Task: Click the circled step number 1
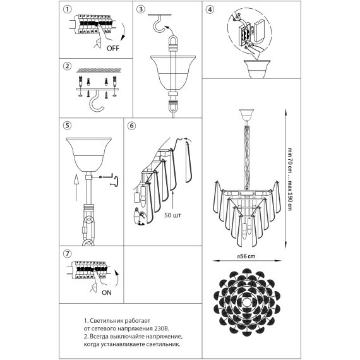coord(68,9)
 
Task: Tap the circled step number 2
coord(68,66)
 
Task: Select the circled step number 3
coord(141,9)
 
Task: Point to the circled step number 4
coord(210,9)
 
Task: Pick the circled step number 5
coord(68,125)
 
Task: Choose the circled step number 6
coord(131,126)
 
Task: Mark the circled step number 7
coord(68,254)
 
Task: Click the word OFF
coord(113,48)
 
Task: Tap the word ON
coord(107,292)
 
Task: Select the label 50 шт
coord(172,215)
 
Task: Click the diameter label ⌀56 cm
coord(246,256)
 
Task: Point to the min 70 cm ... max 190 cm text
coord(290,179)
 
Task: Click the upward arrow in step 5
coord(76,187)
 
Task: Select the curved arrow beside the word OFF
coord(124,32)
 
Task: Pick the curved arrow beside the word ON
coord(117,279)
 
